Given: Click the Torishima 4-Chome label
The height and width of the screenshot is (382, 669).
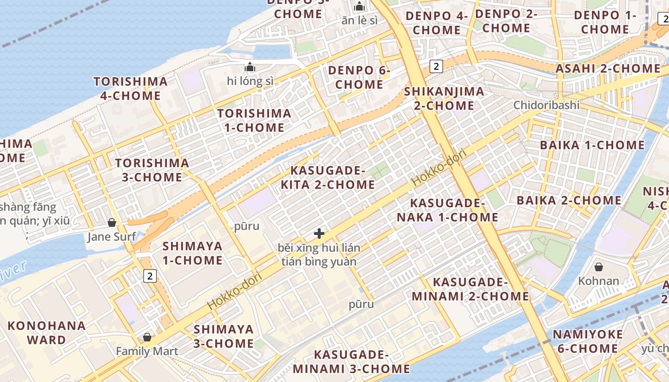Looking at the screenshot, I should [130, 88].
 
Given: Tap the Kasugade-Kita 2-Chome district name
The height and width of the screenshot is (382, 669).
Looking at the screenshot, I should [328, 178].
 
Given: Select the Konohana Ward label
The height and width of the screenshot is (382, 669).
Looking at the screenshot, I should [46, 333].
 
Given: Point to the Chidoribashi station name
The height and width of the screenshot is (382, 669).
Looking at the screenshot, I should [546, 105].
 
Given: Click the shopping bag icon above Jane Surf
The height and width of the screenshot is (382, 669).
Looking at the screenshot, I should [112, 223].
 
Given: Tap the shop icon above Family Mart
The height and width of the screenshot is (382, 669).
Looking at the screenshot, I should [147, 337].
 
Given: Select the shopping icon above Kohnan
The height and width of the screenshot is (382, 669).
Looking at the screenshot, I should [598, 267].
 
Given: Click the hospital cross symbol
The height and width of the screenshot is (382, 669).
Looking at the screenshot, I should [319, 233].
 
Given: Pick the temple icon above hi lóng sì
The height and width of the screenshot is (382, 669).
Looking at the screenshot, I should [250, 67].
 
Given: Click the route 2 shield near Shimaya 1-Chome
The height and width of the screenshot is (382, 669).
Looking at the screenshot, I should [150, 276].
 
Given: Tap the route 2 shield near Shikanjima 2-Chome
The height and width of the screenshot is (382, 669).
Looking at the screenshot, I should [436, 66].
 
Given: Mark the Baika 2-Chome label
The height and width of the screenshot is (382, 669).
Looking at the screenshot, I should [569, 200].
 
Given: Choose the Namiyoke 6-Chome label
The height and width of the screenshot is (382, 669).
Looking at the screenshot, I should [588, 341].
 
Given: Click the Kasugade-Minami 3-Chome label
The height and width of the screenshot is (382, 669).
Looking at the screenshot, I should [351, 362].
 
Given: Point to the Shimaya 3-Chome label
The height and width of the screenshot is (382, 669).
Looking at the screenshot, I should [223, 336].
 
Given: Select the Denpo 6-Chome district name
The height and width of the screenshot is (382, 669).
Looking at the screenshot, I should [359, 77].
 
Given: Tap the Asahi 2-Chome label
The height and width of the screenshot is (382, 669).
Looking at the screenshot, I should [608, 68].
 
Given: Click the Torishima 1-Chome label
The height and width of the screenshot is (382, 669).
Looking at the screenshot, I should [254, 120].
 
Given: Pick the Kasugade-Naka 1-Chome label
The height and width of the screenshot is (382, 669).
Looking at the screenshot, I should [447, 210].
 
